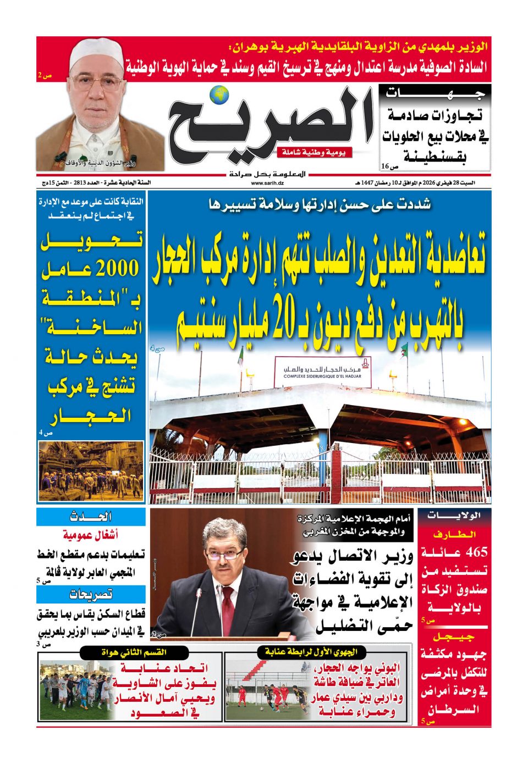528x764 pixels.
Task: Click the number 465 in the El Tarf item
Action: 477,552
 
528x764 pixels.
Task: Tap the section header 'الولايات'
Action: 455,516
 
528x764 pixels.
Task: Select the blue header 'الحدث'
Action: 91,517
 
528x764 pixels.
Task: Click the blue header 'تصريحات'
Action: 91,594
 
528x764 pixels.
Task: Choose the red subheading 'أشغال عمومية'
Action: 90,534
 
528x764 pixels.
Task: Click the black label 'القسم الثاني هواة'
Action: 134,652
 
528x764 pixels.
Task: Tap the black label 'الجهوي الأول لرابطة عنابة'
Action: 311,652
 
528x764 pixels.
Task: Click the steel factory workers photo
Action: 91,471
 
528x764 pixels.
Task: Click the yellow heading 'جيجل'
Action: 454,637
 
